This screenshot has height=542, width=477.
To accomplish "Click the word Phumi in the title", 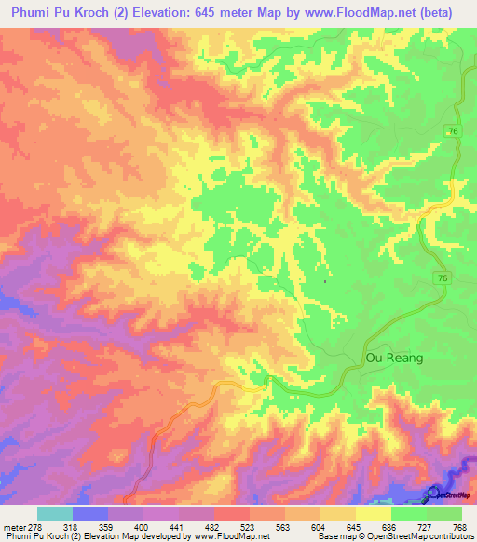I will pyautogui.click(x=32, y=13).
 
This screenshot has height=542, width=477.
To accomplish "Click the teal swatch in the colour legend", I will pyautogui.click(x=54, y=513).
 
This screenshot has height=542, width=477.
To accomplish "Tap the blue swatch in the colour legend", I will pyautogui.click(x=89, y=513).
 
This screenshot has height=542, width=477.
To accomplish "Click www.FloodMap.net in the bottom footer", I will pyautogui.click(x=229, y=536).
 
